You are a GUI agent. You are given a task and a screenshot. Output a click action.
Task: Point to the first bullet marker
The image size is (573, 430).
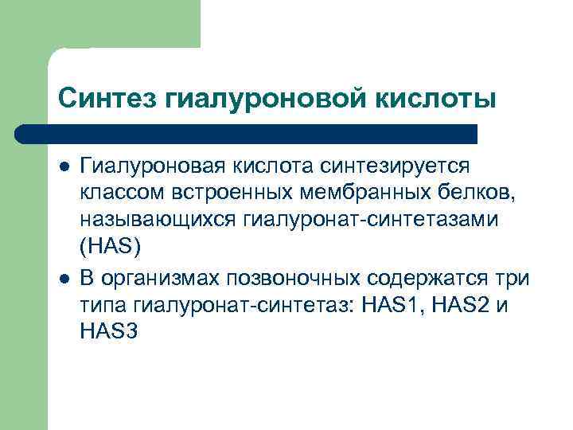64,168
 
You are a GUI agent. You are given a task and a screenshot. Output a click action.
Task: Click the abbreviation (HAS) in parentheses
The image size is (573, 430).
110,247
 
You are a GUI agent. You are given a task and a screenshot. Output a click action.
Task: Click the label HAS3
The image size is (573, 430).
110,330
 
